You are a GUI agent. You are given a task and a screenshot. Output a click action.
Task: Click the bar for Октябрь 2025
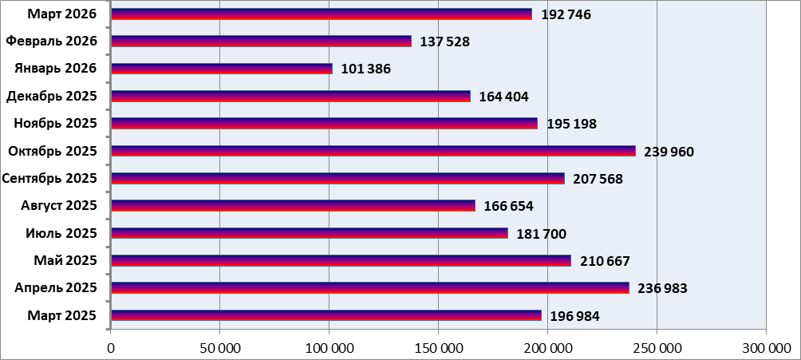pyautogui.click(x=373, y=151)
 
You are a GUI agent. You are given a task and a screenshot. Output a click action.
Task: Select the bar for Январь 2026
pyautogui.click(x=222, y=69)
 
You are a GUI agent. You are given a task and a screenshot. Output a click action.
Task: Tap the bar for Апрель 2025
pyautogui.click(x=370, y=287)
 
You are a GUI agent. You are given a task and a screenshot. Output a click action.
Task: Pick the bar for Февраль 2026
pyautogui.click(x=262, y=42)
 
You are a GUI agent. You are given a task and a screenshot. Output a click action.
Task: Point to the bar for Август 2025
pyautogui.click(x=293, y=206)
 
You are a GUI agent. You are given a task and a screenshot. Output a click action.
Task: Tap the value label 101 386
pyautogui.click(x=365, y=69)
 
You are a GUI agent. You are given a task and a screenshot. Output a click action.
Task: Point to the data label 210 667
pyautogui.click(x=603, y=261)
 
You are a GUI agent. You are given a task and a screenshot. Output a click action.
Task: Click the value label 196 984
pyautogui.click(x=574, y=317)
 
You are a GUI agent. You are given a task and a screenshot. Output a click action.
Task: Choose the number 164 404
pyautogui.click(x=503, y=97)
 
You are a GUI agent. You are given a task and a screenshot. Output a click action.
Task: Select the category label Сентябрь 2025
pyautogui.click(x=49, y=178)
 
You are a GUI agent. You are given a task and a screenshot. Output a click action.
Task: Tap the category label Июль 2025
pyautogui.click(x=61, y=233)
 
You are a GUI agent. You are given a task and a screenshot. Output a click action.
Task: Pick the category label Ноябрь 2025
pyautogui.click(x=56, y=123)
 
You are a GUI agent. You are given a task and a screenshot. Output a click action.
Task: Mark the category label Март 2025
pyautogui.click(x=61, y=315)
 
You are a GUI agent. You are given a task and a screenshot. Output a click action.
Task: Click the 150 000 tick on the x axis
pyautogui.click(x=438, y=347)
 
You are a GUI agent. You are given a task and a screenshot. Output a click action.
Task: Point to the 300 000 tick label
pyautogui.click(x=765, y=347)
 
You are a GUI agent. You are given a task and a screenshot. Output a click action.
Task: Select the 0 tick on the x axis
pyautogui.click(x=111, y=347)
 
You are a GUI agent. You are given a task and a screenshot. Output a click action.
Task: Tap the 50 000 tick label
pyautogui.click(x=219, y=347)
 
